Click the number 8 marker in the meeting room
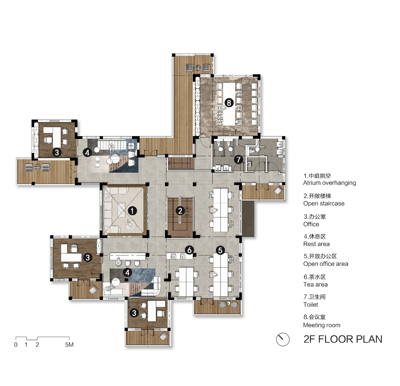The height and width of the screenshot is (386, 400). coord(229,102)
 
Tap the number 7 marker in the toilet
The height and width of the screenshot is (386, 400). coord(238,159)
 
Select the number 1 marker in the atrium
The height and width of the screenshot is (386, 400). coord(132,211)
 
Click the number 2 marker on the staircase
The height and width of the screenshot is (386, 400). coord(180,211)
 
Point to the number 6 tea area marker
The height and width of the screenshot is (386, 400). coord(189,250)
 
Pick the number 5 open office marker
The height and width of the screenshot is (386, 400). coord(220,250)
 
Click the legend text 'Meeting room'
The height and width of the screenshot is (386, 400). coord(322,325)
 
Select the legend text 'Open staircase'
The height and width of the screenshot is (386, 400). coord(324,203)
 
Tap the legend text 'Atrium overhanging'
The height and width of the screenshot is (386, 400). coord(329,183)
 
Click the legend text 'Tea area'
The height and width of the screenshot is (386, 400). coord(316,285)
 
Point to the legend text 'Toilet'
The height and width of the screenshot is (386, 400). coord(311,304)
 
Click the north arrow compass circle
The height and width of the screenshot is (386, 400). coord(283,339)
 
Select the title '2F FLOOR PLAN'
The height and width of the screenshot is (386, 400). coord(343,339)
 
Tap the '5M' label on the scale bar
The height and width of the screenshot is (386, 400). coord(69,344)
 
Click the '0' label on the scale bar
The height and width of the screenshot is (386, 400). coord(16,344)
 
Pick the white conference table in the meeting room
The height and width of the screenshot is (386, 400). coord(229,104)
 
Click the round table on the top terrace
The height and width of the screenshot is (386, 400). coord(198,67)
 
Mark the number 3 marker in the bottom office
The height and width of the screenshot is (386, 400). coord(134,313)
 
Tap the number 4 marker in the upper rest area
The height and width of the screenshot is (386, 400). coord(87,153)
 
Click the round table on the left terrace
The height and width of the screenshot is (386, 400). coord(37,167)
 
